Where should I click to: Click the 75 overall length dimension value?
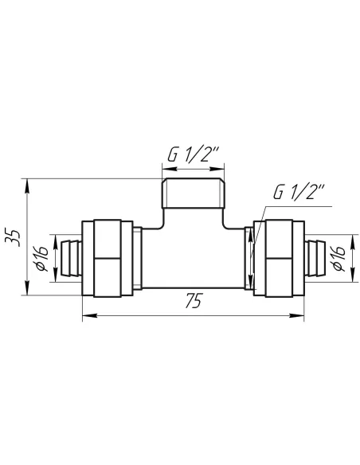point(194,300)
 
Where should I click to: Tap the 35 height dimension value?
point(13,237)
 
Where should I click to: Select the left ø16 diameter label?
point(42,259)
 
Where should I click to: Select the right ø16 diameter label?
point(339,259)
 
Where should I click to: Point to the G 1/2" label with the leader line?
point(299,192)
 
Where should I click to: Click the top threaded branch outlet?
point(193,193)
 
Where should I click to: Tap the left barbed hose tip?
point(71,259)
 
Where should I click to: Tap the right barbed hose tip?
point(315,259)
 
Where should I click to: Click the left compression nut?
point(108,258)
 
